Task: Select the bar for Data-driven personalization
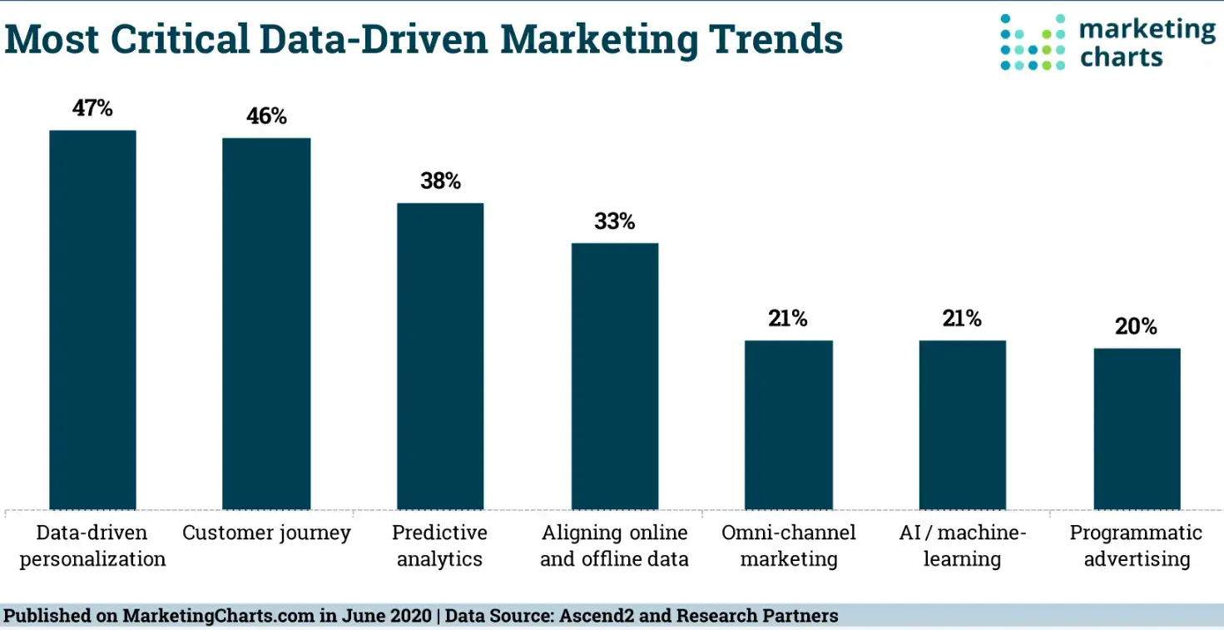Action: [x=92, y=320]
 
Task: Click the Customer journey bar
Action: [x=266, y=324]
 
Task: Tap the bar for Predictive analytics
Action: [x=440, y=356]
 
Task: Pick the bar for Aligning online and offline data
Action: [x=614, y=376]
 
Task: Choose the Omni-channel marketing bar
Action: [x=788, y=424]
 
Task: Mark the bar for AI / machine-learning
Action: [x=962, y=424]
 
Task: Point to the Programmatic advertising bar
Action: [x=1137, y=429]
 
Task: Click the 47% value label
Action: [x=92, y=108]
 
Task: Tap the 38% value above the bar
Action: [x=440, y=181]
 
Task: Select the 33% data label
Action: [x=614, y=221]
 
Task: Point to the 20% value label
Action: [x=1137, y=326]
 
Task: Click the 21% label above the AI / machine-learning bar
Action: [x=962, y=319]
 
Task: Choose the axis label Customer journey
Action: [x=266, y=533]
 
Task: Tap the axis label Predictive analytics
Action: [x=440, y=545]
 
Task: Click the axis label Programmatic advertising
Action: [x=1137, y=545]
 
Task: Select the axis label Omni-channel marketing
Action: [x=788, y=545]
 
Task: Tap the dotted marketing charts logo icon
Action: [x=1032, y=42]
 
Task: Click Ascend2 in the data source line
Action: [x=586, y=617]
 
